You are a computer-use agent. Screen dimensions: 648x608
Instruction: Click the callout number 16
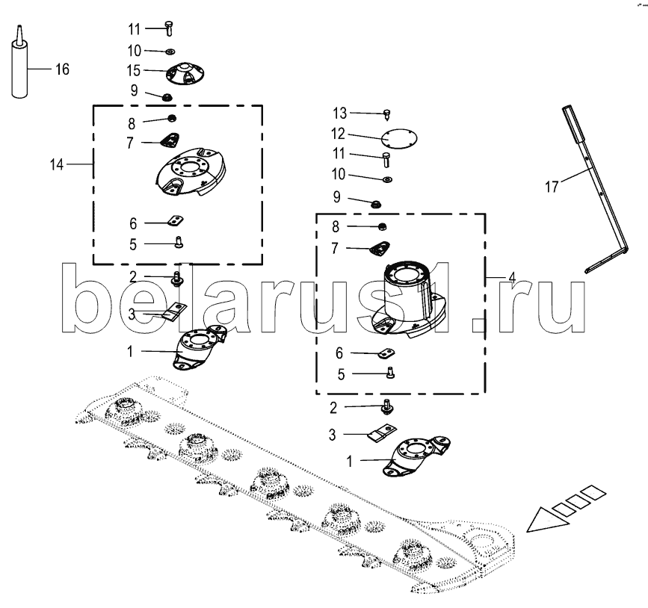[62, 69]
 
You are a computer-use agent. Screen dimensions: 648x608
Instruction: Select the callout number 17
[552, 187]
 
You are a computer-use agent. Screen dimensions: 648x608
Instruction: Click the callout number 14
[57, 165]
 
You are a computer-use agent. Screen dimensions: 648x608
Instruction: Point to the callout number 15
[134, 71]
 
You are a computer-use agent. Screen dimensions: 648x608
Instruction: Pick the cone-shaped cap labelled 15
[185, 74]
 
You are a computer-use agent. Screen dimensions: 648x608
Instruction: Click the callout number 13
[340, 114]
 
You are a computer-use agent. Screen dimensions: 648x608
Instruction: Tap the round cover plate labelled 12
[399, 138]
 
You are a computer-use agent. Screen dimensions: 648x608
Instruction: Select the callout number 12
[338, 134]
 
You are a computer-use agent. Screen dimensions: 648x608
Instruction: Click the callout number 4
[512, 278]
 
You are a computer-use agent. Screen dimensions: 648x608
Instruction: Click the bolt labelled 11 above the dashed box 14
[169, 28]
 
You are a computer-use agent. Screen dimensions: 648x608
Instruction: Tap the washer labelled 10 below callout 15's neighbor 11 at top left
[170, 52]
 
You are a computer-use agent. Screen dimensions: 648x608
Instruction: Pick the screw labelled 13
[387, 114]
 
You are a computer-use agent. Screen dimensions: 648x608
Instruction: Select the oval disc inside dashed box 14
[191, 171]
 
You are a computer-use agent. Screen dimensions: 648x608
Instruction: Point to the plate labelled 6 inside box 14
[175, 221]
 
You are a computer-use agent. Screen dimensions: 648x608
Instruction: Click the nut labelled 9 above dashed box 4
[376, 204]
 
